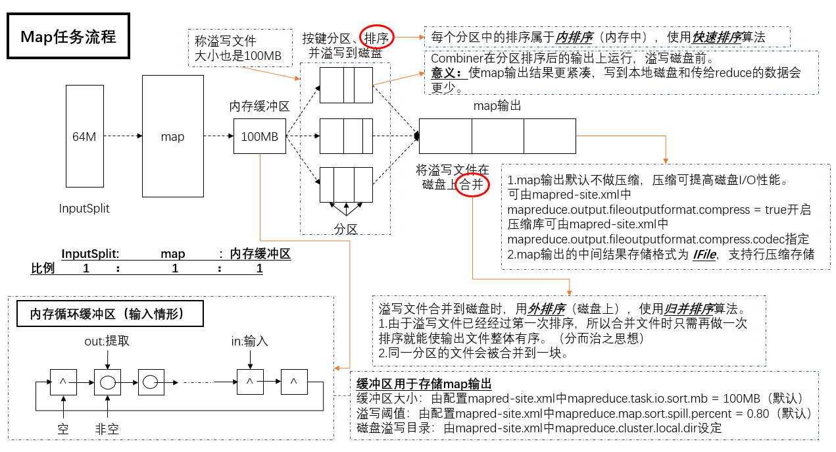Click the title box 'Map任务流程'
pyautogui.click(x=68, y=36)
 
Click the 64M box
pyautogui.click(x=84, y=137)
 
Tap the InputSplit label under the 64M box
pyautogui.click(x=84, y=209)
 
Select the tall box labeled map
pyautogui.click(x=172, y=137)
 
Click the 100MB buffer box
pyautogui.click(x=259, y=137)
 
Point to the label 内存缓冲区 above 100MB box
pyautogui.click(x=259, y=107)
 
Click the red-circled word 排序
pyautogui.click(x=376, y=37)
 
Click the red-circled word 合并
pyautogui.click(x=472, y=185)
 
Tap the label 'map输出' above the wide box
pyautogui.click(x=497, y=105)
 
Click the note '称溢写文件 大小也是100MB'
pyautogui.click(x=239, y=48)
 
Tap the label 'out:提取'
pyautogui.click(x=107, y=342)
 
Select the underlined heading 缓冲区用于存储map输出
pyautogui.click(x=424, y=384)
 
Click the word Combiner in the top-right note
pyautogui.click(x=455, y=59)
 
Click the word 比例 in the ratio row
pyautogui.click(x=43, y=268)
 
